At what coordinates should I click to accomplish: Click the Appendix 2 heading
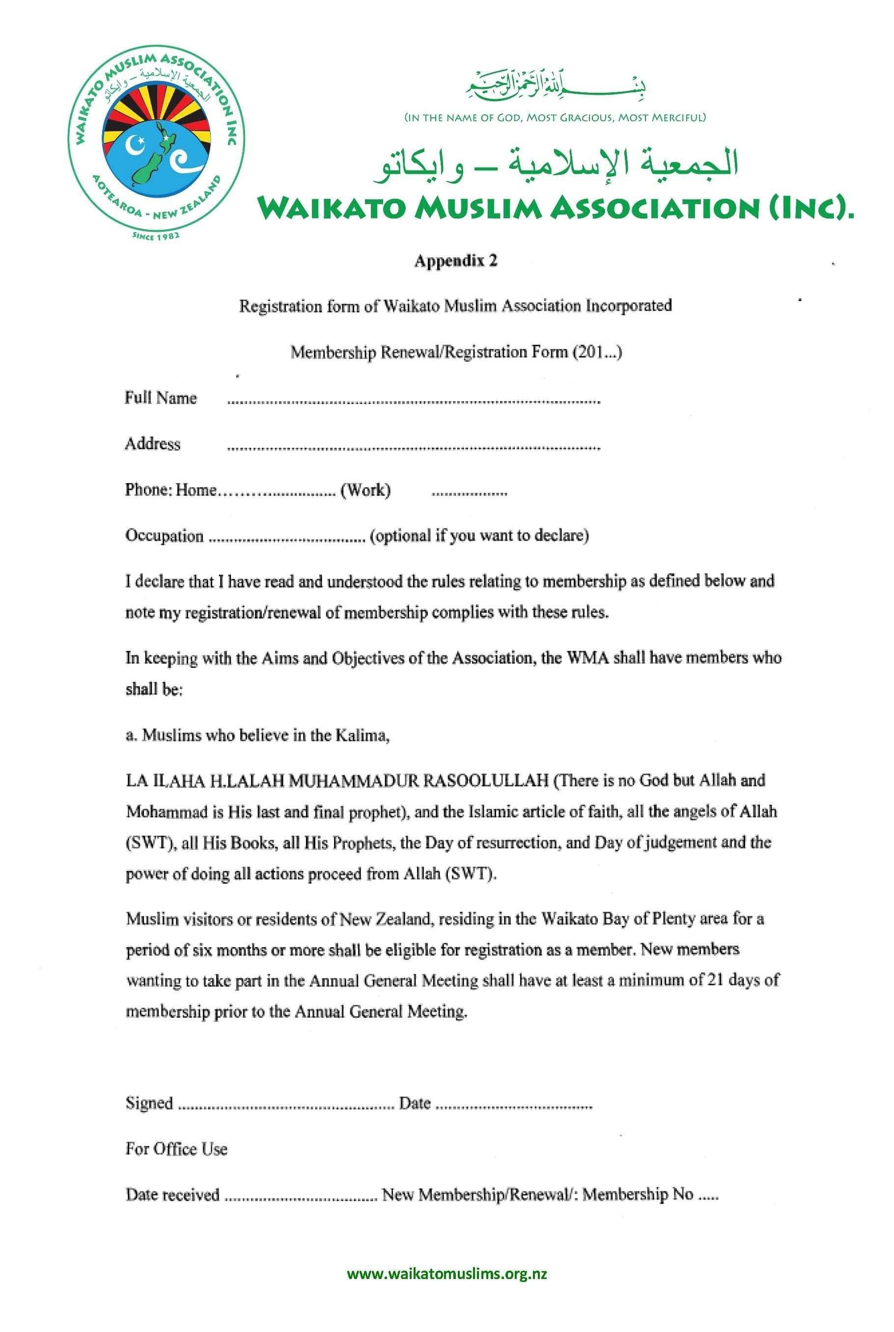coord(455,261)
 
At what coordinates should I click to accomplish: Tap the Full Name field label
coord(161,398)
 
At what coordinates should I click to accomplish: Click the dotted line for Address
coord(414,448)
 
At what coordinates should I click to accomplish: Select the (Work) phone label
coord(365,490)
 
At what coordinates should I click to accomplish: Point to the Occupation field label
coord(164,536)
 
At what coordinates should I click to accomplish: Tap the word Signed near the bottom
coord(149,1103)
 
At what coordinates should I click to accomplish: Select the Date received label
coord(172,1194)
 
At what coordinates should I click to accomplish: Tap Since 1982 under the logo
coord(156,234)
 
